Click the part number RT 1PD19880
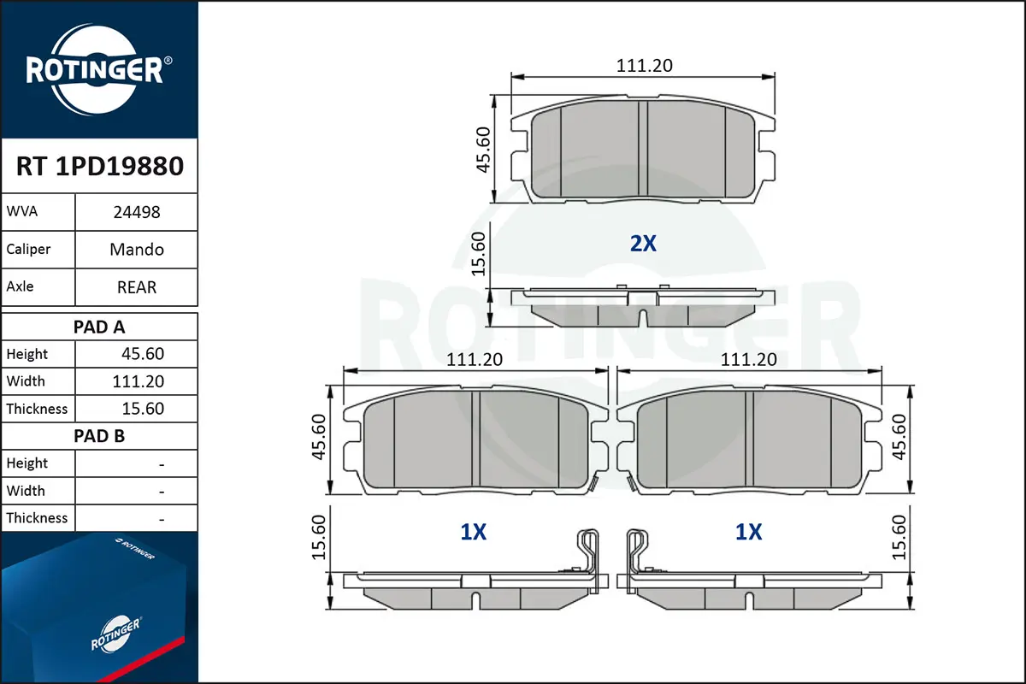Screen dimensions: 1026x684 pyautogui.click(x=100, y=166)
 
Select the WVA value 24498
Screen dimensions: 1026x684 pyautogui.click(x=137, y=213)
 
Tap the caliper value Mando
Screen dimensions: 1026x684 pyautogui.click(x=137, y=250)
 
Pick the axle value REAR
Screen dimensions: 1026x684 pyautogui.click(x=137, y=287)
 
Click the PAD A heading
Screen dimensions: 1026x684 pyautogui.click(x=99, y=327)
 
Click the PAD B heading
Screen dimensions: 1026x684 pyautogui.click(x=99, y=436)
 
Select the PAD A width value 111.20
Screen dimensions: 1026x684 pyautogui.click(x=138, y=381)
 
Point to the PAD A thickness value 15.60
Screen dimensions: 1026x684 pyautogui.click(x=143, y=409)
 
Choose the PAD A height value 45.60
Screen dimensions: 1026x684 pyautogui.click(x=143, y=354)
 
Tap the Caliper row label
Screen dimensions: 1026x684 pyautogui.click(x=28, y=249)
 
